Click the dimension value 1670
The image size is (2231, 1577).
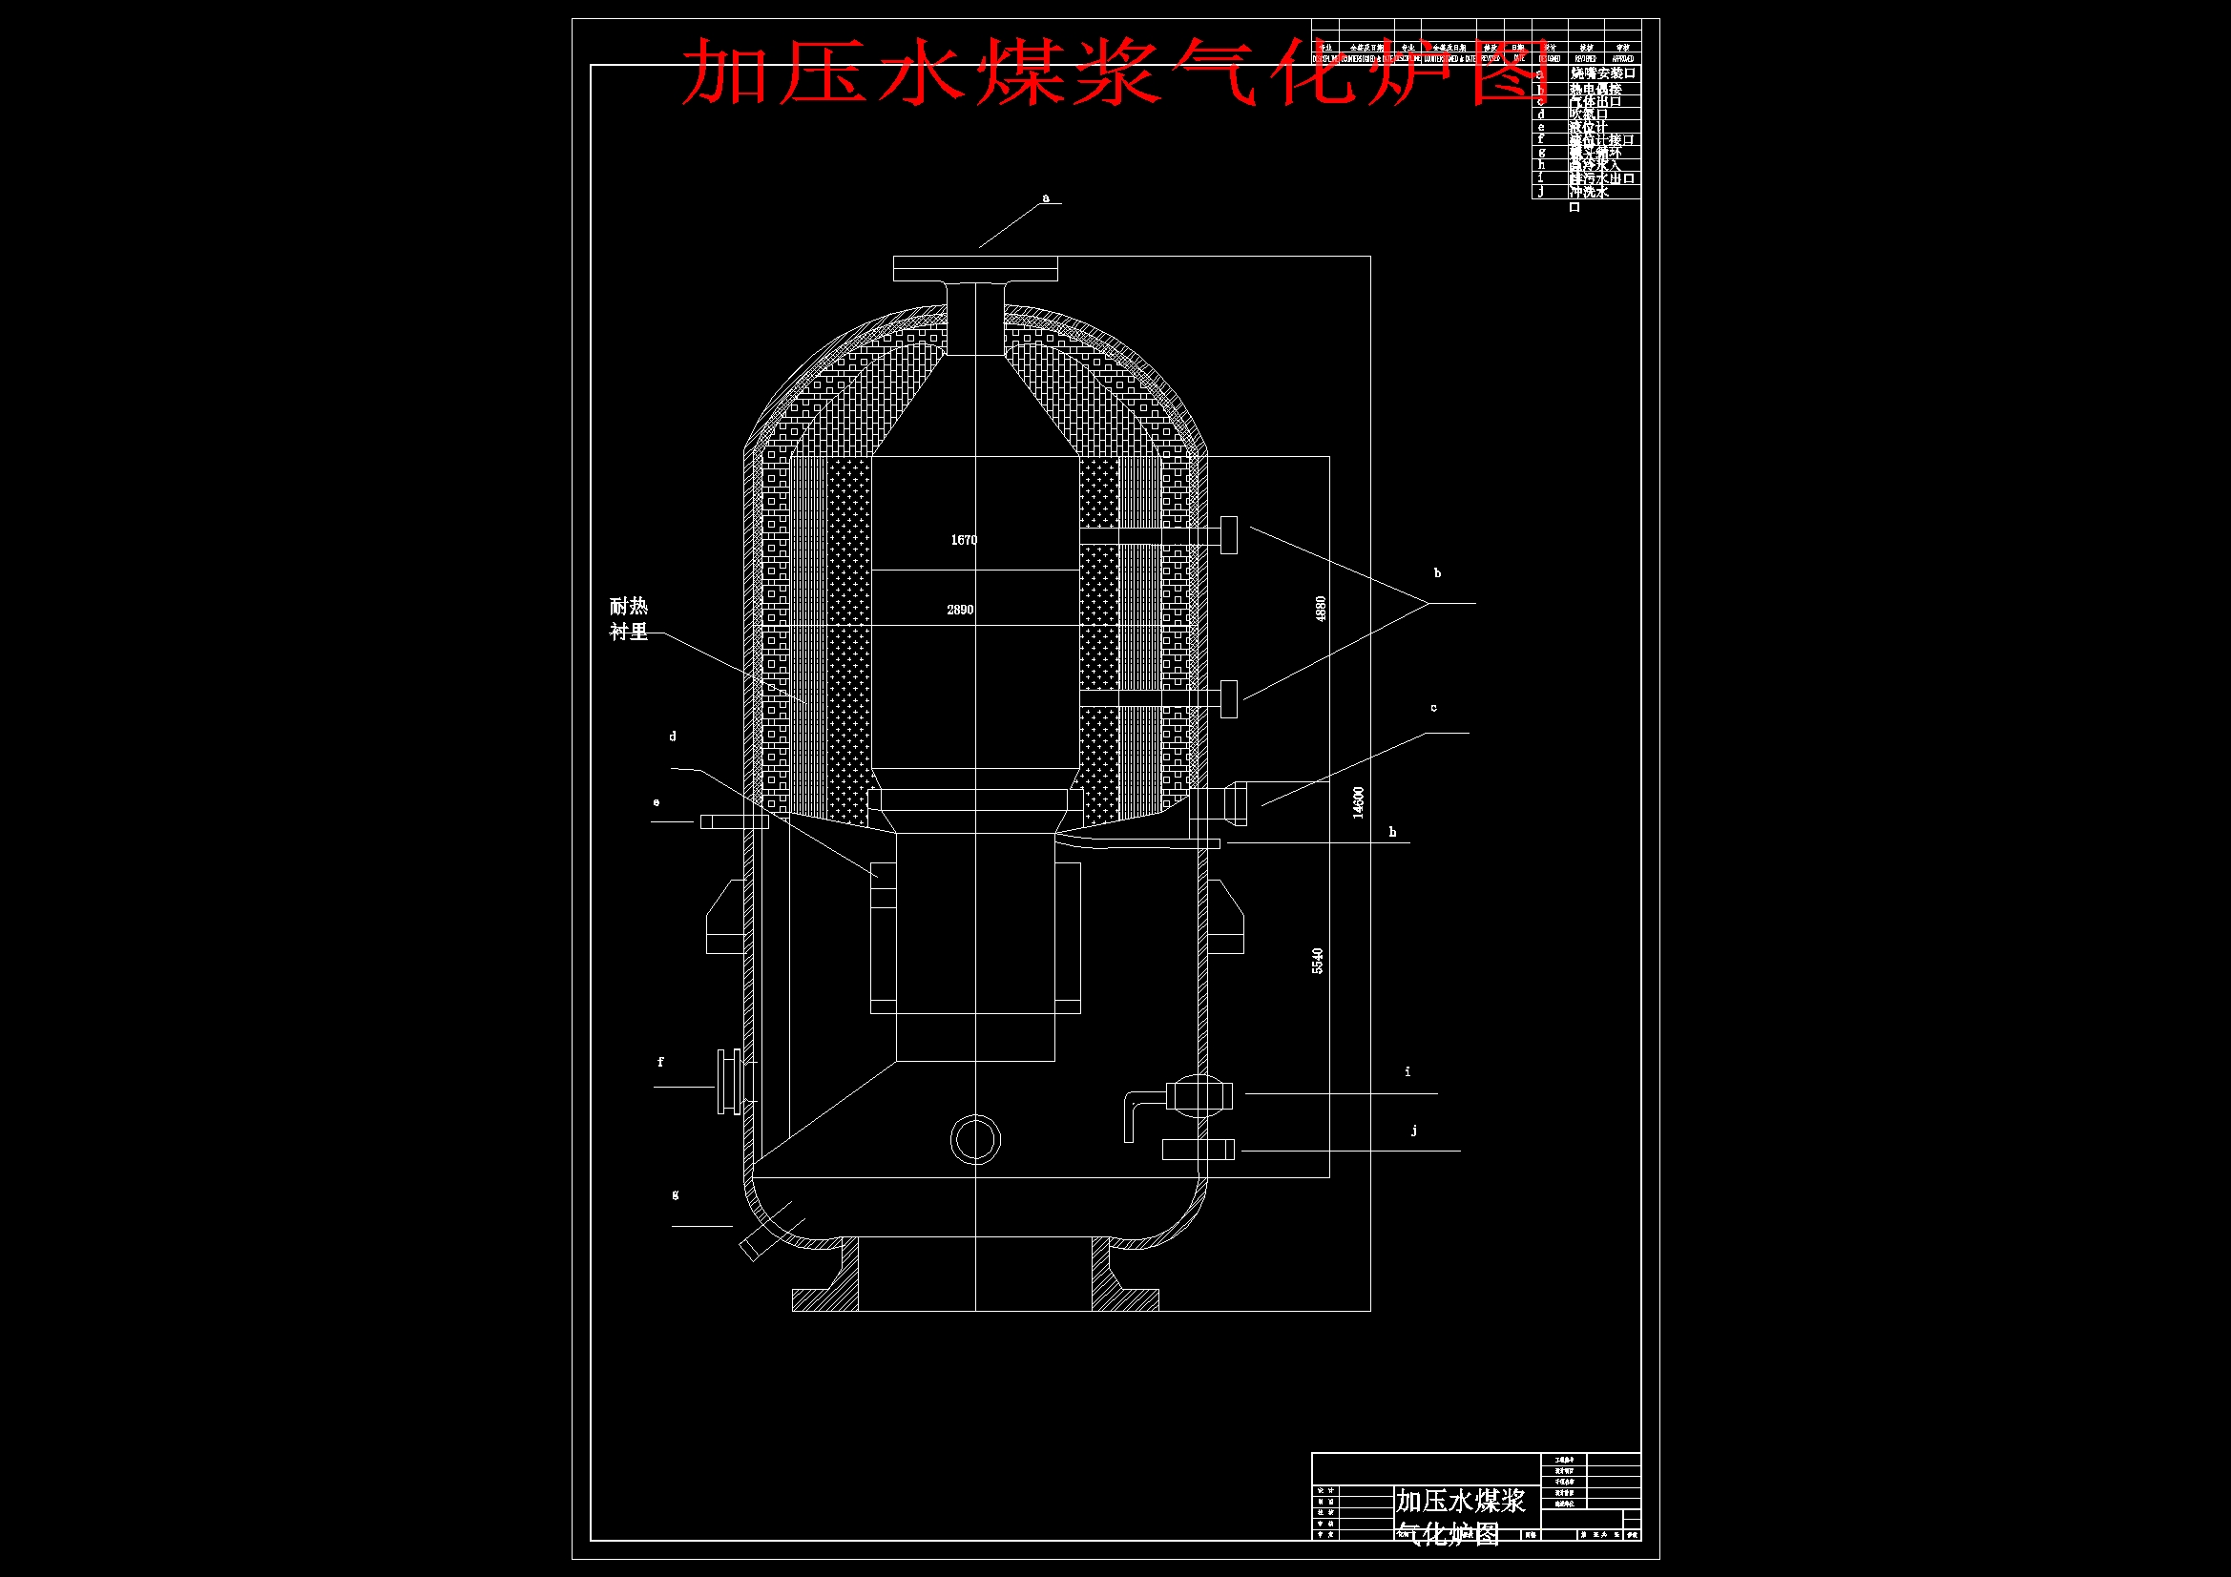coord(963,540)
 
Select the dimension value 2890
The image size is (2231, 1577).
coord(960,611)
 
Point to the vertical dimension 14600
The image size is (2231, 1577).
coord(1359,802)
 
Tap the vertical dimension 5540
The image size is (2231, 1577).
coord(1318,961)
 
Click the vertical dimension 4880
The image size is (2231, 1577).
coord(1320,610)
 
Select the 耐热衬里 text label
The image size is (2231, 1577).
coord(629,619)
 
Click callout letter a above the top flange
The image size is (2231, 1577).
coord(1046,198)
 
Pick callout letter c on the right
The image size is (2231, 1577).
coord(1433,708)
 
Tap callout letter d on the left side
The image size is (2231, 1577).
coord(673,737)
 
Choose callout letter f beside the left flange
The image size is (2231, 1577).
coord(660,1062)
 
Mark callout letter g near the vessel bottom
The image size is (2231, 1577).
coord(676,1194)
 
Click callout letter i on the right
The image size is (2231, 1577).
coord(1407,1071)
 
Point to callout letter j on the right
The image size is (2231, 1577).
coord(1414,1130)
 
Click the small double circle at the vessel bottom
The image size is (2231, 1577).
coord(974,1140)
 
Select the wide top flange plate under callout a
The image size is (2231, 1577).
coord(974,268)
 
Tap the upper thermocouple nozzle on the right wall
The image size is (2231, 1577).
coord(1227,535)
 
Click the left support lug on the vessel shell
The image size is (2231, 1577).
coord(725,918)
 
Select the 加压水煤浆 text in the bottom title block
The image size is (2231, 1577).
coord(1460,1503)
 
